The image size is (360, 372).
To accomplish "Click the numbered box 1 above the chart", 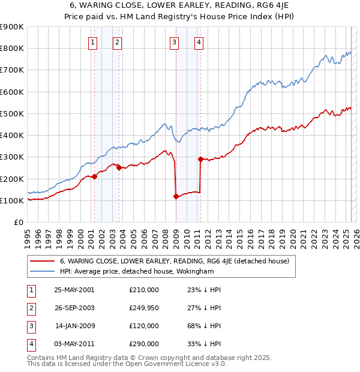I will coord(94,42).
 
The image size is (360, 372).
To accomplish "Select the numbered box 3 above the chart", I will coord(174,42).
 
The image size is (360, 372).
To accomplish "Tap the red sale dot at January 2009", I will coord(176,196).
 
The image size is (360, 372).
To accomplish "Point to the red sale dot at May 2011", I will coord(200,159).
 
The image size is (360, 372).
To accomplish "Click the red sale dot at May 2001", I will coord(95,176).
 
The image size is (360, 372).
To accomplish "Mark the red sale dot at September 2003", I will coord(119,168).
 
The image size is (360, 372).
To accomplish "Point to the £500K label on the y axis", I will coord(12,113).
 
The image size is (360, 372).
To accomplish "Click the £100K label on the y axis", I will coord(12,200).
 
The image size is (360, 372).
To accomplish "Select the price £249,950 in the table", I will coord(144,308).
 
